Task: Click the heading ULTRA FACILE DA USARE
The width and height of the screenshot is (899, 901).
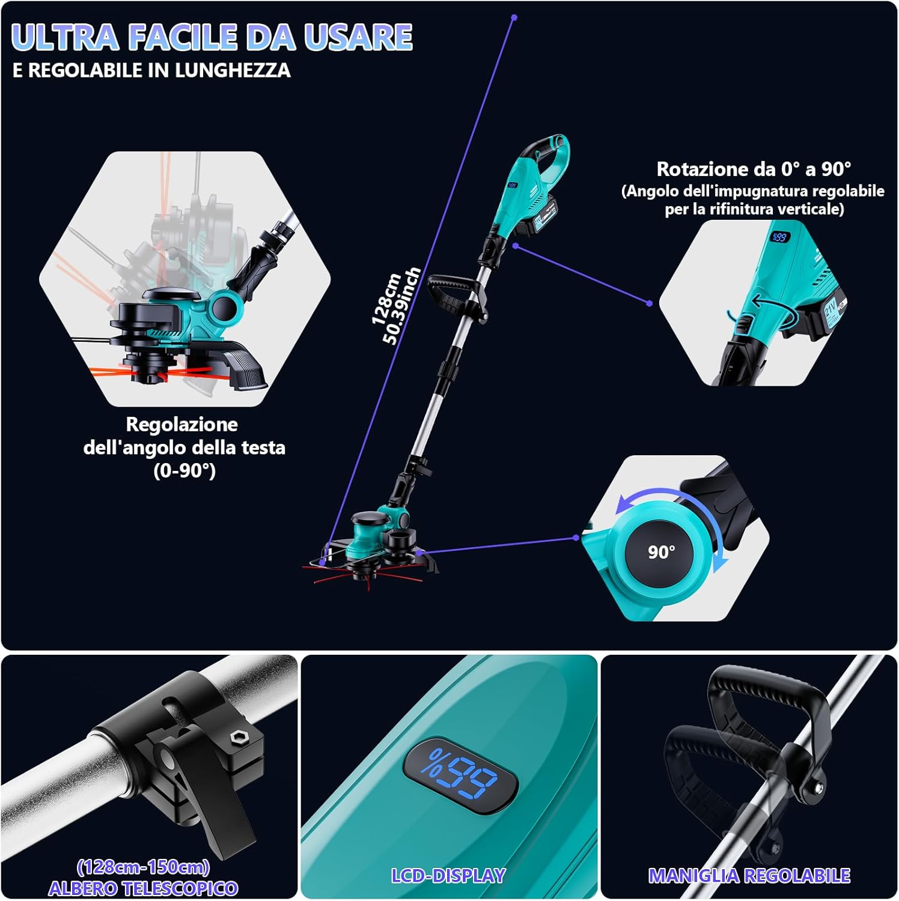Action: pos(212,37)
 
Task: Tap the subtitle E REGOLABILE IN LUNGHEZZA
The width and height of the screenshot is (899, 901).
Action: pos(151,70)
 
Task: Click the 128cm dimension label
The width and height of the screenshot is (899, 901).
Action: pos(386,299)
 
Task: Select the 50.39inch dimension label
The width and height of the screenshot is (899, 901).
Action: pos(401,306)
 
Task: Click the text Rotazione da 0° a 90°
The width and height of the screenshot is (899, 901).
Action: pos(754,169)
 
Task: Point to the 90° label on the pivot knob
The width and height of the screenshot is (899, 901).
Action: pos(661,551)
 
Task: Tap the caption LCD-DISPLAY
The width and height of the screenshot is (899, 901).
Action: pos(448,876)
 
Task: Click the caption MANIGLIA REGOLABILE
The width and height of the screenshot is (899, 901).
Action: pos(749,876)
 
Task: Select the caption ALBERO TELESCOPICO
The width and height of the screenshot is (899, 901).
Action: pos(143,888)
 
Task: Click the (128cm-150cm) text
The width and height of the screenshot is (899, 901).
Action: pos(143,867)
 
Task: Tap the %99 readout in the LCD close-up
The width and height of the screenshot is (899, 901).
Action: pos(459,774)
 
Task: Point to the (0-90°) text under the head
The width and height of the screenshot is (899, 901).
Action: pos(184,470)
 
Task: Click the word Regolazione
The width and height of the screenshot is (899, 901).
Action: pos(181,425)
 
